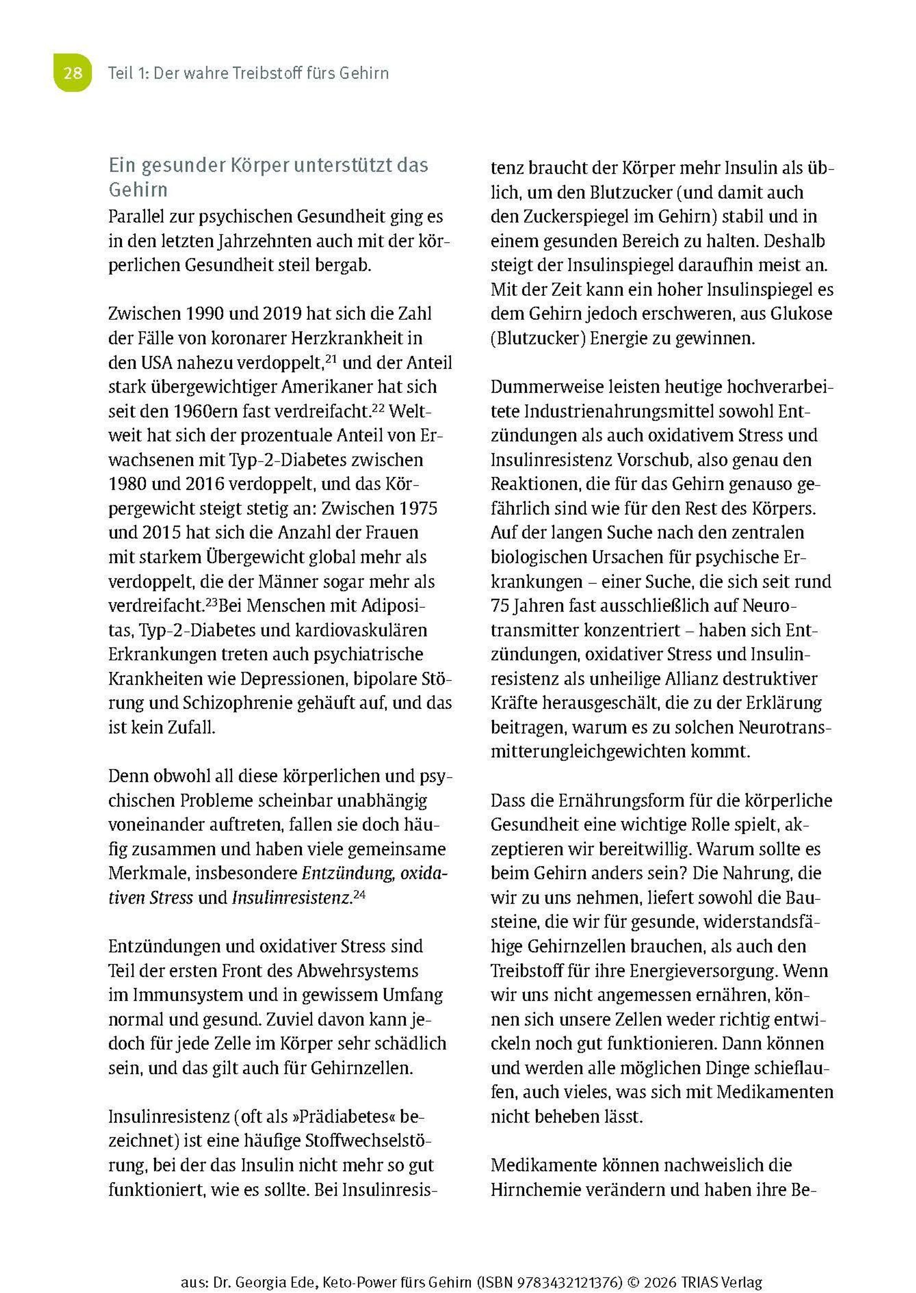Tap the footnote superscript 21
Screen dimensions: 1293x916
coord(331,357)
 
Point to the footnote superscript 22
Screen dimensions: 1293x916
coord(379,406)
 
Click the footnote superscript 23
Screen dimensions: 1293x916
coord(211,601)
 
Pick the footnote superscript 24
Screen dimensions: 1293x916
coord(359,893)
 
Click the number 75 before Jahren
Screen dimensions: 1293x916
coord(500,606)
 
